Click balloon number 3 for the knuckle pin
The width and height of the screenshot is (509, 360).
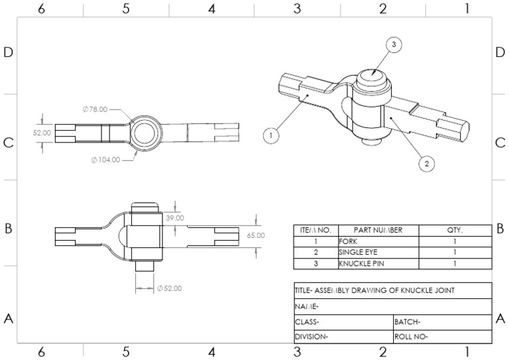[x=394, y=44]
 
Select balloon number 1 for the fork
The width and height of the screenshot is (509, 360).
[x=270, y=136]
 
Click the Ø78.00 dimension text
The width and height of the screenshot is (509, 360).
[x=94, y=109]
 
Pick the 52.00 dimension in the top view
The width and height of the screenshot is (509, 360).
[x=42, y=133]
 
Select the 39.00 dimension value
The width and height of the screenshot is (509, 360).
[x=175, y=217]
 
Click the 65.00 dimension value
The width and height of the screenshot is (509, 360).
[x=255, y=235]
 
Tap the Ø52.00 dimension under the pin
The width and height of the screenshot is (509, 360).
[x=169, y=288]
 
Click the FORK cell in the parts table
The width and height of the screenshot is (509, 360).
[x=349, y=241]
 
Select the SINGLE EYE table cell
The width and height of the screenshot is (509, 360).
[x=359, y=253]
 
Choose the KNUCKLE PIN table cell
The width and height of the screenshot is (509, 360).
[x=361, y=264]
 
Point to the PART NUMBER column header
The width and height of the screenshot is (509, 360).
[x=378, y=230]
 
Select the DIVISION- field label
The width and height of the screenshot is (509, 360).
[x=312, y=336]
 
